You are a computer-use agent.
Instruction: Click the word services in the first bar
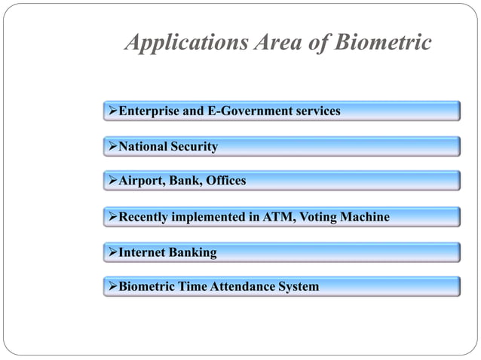[x=317, y=111]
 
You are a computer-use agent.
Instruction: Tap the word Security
[x=195, y=147]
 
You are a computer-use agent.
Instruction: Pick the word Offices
[x=225, y=182]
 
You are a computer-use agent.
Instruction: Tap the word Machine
[x=366, y=218]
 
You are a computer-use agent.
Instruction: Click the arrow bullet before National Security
[x=113, y=147]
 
